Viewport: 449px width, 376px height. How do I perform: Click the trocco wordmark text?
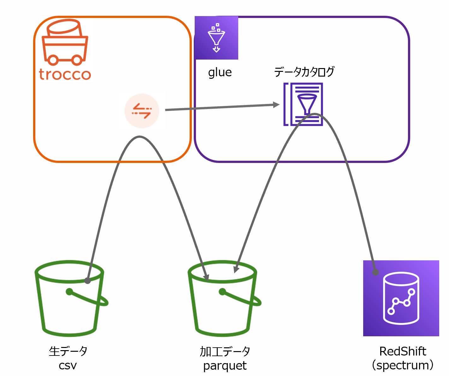65,74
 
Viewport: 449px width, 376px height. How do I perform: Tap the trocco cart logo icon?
65,42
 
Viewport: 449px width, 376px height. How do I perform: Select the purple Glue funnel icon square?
216,38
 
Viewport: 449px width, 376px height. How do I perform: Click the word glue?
220,72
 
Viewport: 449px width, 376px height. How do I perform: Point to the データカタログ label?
304,72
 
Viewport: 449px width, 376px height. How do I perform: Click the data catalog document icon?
303,104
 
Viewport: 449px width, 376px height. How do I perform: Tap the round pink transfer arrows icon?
142,111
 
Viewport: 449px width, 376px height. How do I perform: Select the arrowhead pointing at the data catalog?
276,105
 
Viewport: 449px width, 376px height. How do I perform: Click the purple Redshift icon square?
401,298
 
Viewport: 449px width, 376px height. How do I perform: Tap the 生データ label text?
68,351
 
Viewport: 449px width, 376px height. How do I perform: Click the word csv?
68,366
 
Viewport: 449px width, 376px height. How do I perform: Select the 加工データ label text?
225,351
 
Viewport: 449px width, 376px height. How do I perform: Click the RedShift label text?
403,351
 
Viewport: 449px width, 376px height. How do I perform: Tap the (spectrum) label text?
403,366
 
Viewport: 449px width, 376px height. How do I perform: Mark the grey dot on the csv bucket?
87,281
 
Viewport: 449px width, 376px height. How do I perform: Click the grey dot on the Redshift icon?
375,272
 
